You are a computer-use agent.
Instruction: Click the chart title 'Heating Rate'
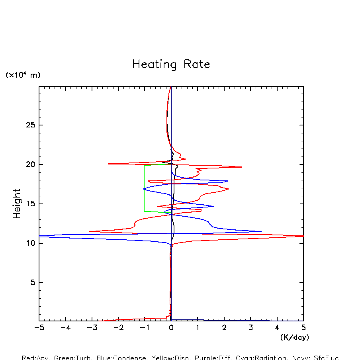(x=171, y=65)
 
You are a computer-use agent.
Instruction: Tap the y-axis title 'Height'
(x=17, y=204)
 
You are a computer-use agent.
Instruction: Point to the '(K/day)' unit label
(x=294, y=337)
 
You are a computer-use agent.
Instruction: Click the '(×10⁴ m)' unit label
(x=23, y=75)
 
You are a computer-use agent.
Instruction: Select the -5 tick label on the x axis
(x=39, y=328)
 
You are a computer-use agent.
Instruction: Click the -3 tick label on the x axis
(x=92, y=328)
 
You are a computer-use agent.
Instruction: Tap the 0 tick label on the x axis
(x=171, y=328)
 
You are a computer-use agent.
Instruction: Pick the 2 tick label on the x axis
(x=224, y=328)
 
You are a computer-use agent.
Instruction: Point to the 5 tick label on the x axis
(x=303, y=328)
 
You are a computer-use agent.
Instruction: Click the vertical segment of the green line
(x=144, y=187)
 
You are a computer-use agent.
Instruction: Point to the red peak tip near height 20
(x=242, y=167)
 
